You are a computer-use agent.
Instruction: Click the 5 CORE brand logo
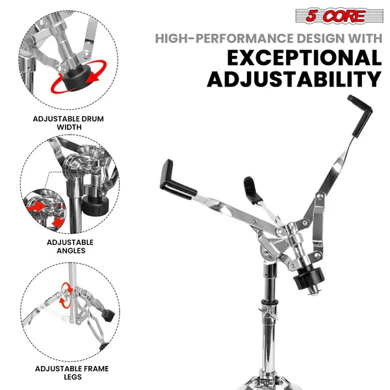[x=339, y=16]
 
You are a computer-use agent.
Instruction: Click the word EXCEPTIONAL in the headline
[x=304, y=57]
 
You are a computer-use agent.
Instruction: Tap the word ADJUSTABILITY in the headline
[x=294, y=79]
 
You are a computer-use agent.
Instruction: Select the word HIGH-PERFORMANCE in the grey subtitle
[x=224, y=38]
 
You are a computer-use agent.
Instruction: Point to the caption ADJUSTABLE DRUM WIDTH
[x=68, y=123]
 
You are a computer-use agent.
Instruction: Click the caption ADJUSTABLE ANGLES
[x=70, y=246]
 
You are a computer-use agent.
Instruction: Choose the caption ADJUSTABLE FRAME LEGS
[x=72, y=372]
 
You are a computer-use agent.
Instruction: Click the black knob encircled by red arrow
[x=76, y=78]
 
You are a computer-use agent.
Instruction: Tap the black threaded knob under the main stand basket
[x=308, y=278]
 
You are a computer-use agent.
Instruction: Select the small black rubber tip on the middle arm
[x=252, y=190]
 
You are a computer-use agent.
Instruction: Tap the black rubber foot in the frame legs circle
[x=108, y=315]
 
